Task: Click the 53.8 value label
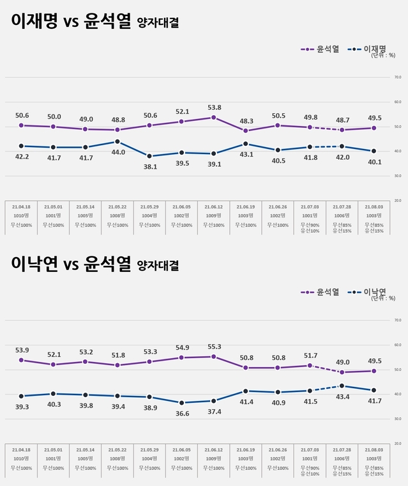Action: pos(214,107)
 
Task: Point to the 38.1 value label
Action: pos(150,166)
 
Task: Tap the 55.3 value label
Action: pos(214,346)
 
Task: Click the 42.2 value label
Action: pos(22,157)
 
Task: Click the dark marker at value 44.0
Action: pos(118,142)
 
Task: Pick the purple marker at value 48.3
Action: pos(246,130)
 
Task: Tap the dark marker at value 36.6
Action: pos(182,403)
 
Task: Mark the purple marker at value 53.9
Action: pos(22,360)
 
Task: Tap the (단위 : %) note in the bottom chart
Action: pos(383,299)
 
